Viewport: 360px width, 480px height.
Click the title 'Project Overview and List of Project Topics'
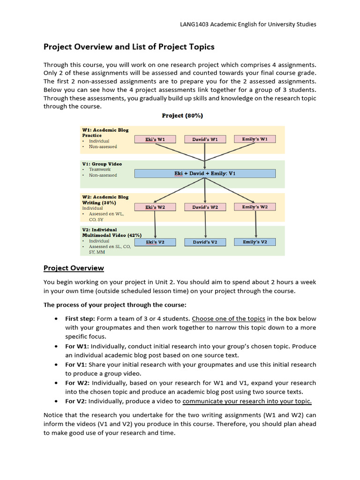[x=129, y=47]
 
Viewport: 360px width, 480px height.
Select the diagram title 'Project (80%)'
[x=182, y=115]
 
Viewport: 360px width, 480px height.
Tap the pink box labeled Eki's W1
[x=155, y=139]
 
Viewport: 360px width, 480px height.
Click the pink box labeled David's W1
[x=205, y=139]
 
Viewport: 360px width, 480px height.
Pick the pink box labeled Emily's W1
[x=255, y=139]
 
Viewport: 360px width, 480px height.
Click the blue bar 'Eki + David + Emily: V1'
[x=205, y=173]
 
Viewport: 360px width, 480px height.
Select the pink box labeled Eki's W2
[x=155, y=207]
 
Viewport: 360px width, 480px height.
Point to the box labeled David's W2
[x=205, y=207]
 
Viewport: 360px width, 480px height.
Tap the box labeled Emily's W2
[x=255, y=207]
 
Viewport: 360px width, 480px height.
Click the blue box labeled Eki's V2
[x=155, y=242]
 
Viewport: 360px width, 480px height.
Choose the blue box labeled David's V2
[x=205, y=242]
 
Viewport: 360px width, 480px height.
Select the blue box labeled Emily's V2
[x=255, y=242]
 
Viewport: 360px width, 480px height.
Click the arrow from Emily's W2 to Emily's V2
[x=255, y=225]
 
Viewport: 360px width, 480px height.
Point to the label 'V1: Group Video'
[x=102, y=164]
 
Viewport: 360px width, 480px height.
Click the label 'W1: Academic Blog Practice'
[x=105, y=132]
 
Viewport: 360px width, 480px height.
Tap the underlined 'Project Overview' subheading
[x=74, y=268]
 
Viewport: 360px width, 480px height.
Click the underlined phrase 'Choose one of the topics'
[x=228, y=318]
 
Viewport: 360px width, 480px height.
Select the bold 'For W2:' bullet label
[x=77, y=383]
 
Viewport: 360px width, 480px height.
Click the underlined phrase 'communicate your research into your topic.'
[x=247, y=401]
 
